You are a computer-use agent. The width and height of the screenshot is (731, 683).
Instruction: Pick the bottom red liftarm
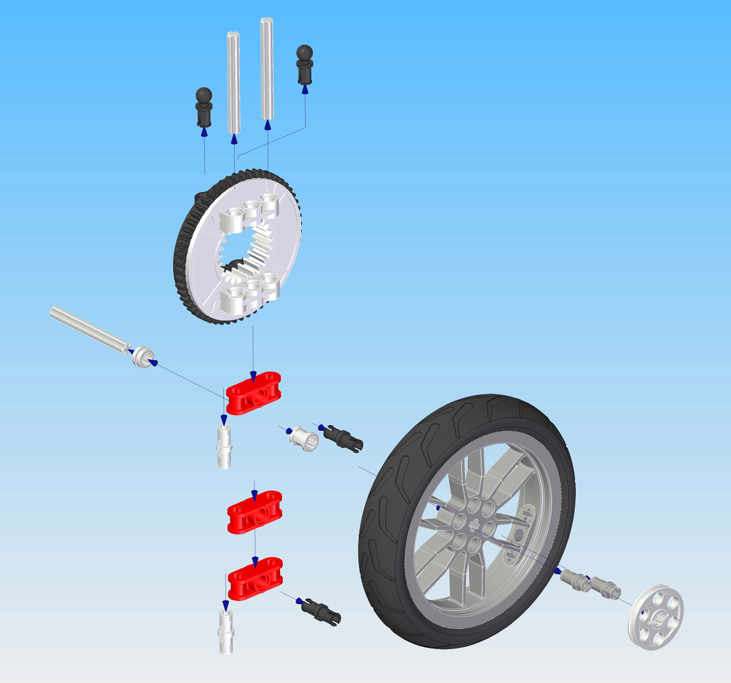point(255,579)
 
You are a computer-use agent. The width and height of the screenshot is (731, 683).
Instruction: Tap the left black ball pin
point(204,107)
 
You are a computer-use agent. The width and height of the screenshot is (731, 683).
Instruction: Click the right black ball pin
point(304,64)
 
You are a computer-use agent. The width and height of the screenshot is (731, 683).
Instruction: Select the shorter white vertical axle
point(233,83)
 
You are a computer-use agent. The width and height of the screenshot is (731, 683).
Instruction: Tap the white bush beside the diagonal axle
point(143,356)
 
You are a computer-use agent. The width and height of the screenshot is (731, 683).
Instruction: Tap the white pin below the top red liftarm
point(224,446)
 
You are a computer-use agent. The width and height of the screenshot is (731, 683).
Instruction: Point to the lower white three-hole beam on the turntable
point(250,290)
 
